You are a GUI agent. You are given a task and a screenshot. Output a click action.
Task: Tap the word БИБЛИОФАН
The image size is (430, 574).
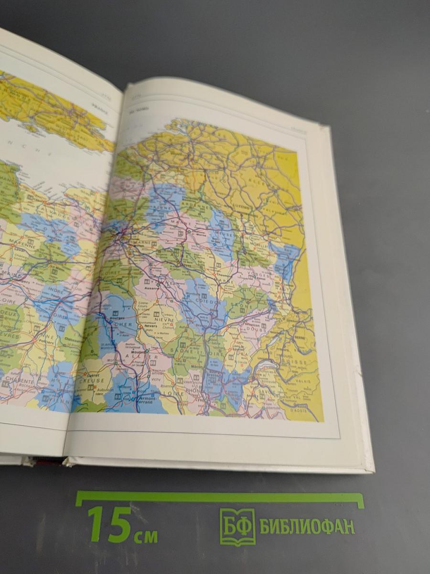[x=307, y=526]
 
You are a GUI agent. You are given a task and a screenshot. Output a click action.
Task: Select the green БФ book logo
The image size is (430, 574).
[x=237, y=527]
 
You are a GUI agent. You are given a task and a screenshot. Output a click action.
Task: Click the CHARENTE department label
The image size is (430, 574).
[x=20, y=382]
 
